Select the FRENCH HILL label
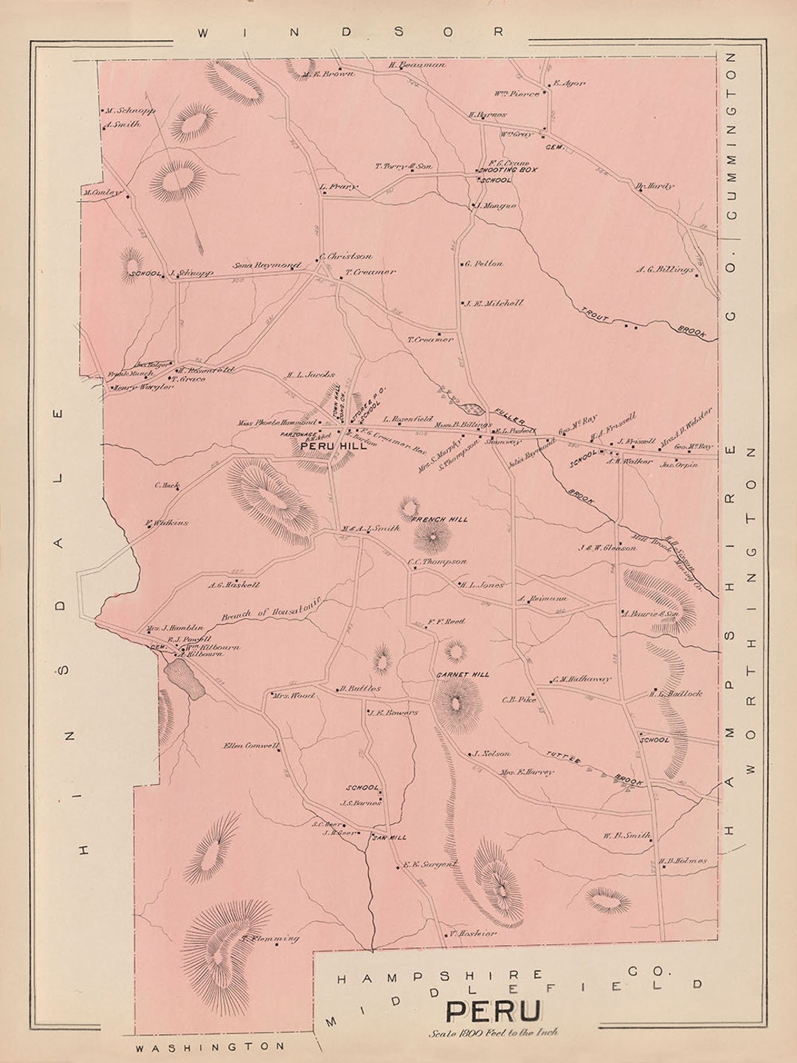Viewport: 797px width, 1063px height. pos(440,520)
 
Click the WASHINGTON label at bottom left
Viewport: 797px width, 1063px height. pos(209,1046)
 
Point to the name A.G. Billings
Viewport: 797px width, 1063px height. pos(665,270)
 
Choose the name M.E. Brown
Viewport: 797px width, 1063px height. pos(330,74)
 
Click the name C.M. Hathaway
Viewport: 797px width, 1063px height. pos(582,679)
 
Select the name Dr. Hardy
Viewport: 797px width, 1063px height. pos(655,186)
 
